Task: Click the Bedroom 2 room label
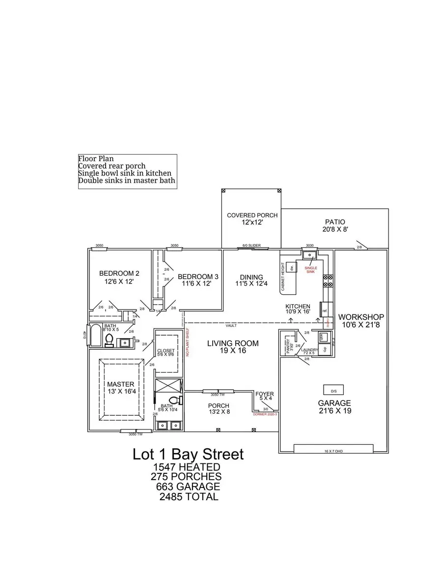pos(119,278)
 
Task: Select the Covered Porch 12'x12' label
pos(252,219)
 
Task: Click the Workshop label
pos(361,320)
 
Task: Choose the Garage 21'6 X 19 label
pos(333,406)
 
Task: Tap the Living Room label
pos(232,347)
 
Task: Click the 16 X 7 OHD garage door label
pos(333,450)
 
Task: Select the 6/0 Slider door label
pos(252,246)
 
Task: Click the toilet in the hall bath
pos(110,340)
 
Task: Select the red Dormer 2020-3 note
pos(266,415)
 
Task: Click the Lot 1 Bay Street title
pos(188,454)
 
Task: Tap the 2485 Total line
pos(189,497)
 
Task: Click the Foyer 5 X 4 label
pos(265,396)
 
